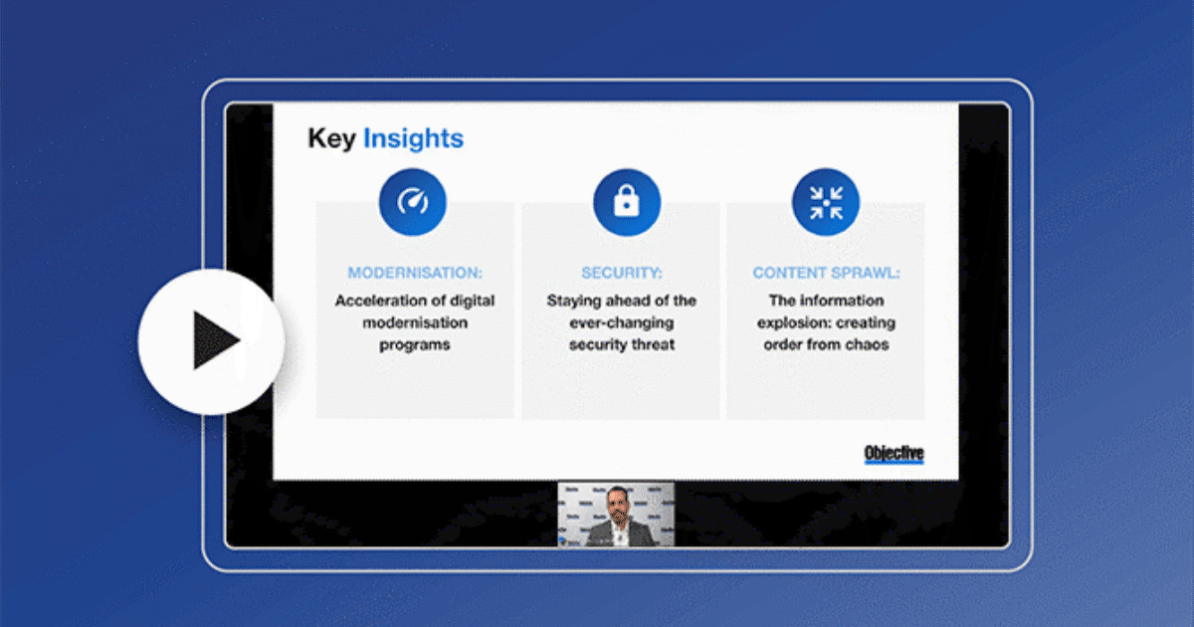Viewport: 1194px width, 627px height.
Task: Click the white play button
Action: pos(211,341)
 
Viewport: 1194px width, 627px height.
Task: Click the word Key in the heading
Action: pos(331,138)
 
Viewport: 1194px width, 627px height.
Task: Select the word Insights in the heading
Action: pos(413,138)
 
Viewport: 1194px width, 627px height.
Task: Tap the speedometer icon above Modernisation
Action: pos(413,202)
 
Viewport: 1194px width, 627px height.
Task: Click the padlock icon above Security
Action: pos(627,202)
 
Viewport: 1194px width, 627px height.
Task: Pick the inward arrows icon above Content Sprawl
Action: pos(825,202)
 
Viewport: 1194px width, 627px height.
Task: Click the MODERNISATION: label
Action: pos(414,273)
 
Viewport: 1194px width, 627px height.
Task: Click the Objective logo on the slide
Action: pos(894,454)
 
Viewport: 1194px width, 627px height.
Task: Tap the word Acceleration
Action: pos(378,301)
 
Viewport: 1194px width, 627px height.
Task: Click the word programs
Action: pos(414,344)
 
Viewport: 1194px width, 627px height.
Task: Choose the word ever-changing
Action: pos(622,322)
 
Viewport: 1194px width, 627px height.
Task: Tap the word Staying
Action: pos(572,301)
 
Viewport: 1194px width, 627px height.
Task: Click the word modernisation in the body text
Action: pos(414,322)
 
